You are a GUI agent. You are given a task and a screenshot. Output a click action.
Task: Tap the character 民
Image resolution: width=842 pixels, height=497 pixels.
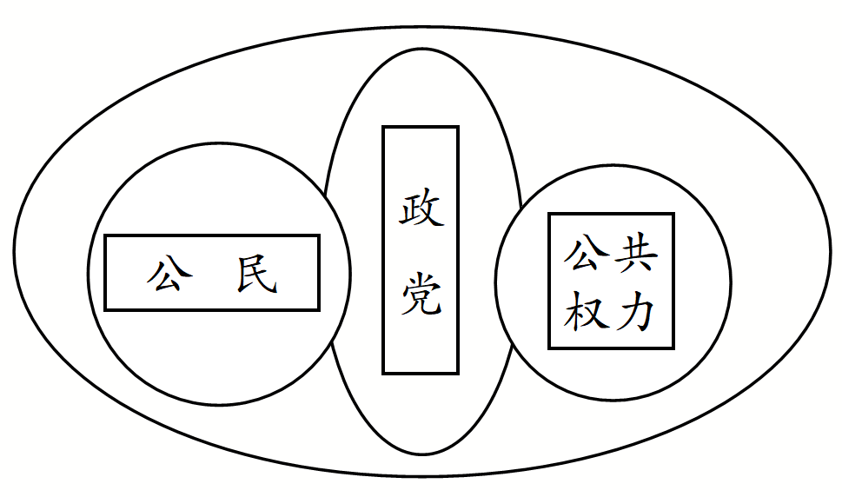pos(256,275)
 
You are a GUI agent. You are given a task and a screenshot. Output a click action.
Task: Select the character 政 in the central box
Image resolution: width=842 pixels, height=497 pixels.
pos(421,209)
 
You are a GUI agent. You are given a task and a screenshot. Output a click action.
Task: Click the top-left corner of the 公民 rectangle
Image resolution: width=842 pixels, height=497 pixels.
pos(105,235)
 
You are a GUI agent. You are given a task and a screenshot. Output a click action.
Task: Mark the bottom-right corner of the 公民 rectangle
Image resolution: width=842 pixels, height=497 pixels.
pos(319,309)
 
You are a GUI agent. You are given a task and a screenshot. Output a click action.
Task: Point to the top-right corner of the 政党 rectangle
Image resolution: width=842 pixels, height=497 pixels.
pos(458,128)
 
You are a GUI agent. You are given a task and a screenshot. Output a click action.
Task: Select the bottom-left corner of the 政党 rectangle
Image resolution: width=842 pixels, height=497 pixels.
pos(383,374)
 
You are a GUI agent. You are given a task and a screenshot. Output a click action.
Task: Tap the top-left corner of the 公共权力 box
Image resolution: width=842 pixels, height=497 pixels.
pos(549,214)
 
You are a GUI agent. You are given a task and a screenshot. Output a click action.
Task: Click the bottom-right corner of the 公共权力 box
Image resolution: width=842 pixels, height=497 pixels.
pos(673,348)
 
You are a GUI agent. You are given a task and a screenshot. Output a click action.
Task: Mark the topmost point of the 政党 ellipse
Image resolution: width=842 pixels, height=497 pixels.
pos(421,49)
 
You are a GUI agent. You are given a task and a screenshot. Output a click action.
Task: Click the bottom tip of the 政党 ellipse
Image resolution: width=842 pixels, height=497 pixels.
pos(421,454)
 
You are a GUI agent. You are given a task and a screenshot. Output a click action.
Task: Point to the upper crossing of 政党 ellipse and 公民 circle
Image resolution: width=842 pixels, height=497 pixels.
pos(325,194)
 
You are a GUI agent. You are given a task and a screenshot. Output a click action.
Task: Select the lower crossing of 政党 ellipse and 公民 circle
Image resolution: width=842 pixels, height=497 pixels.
pos(331,344)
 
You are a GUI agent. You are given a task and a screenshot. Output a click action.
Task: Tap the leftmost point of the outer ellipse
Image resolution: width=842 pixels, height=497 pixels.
pos(14,251)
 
